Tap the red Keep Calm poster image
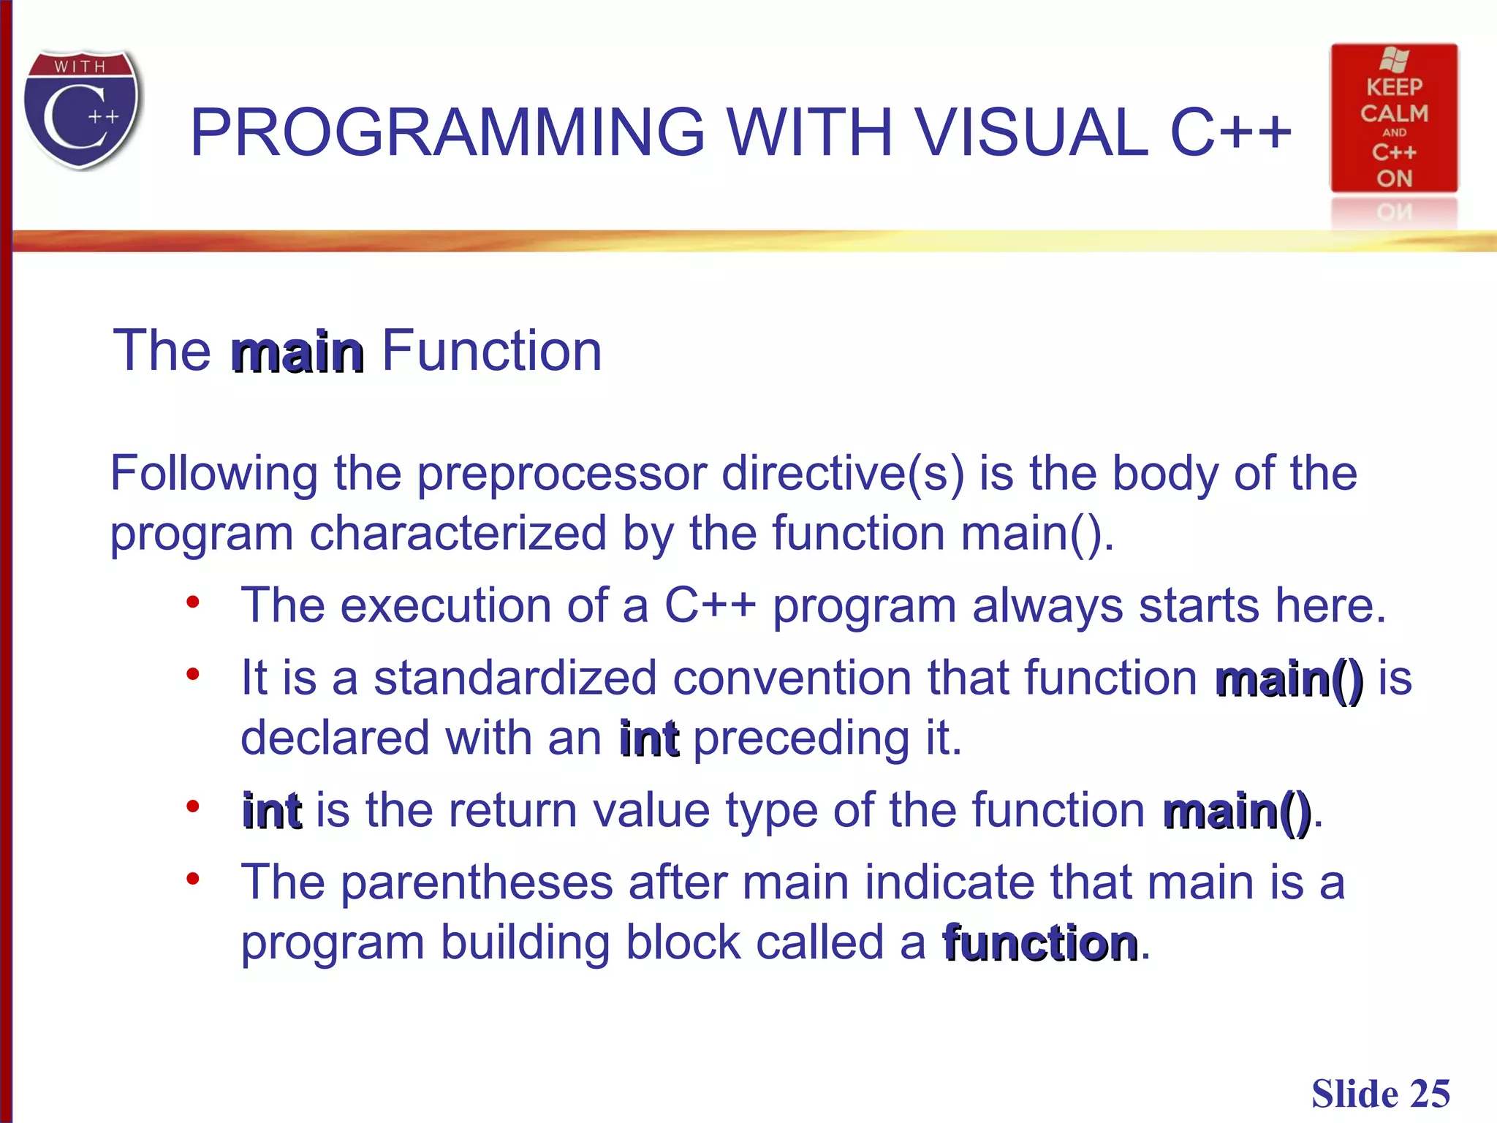[1393, 118]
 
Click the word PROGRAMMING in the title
[447, 132]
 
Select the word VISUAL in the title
[1031, 132]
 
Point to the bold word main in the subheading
[297, 352]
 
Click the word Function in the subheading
[491, 351]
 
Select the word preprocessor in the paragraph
[561, 474]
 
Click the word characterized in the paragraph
[458, 533]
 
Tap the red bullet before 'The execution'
[192, 602]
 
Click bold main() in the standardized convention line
[1289, 679]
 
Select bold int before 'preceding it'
[648, 738]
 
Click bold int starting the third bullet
[271, 811]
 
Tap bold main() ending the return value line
[1237, 811]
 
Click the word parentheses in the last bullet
[477, 883]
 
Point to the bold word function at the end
[1040, 943]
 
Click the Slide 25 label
[1380, 1094]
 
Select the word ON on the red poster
[1394, 178]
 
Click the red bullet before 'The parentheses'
[192, 879]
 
